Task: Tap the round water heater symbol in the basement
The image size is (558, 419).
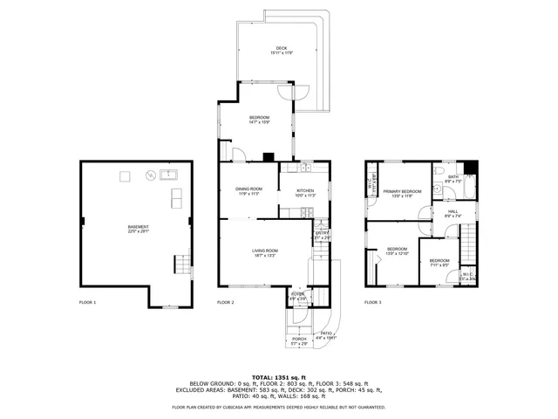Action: click(151, 175)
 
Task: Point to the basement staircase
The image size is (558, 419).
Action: click(182, 264)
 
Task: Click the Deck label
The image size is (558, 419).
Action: click(281, 51)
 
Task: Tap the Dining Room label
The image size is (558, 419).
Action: click(250, 191)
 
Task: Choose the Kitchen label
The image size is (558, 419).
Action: click(304, 193)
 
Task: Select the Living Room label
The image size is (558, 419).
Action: click(265, 253)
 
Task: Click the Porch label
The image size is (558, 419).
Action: click(298, 341)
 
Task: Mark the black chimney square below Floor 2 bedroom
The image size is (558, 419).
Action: click(269, 158)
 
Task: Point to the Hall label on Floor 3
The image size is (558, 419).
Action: click(453, 213)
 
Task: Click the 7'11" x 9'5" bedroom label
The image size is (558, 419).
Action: click(439, 263)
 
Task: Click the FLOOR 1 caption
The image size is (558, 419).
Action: click(87, 302)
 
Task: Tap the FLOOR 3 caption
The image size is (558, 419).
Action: click(372, 302)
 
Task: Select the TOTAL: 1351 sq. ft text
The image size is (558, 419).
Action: click(278, 376)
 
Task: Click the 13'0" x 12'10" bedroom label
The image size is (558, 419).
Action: click(398, 251)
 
